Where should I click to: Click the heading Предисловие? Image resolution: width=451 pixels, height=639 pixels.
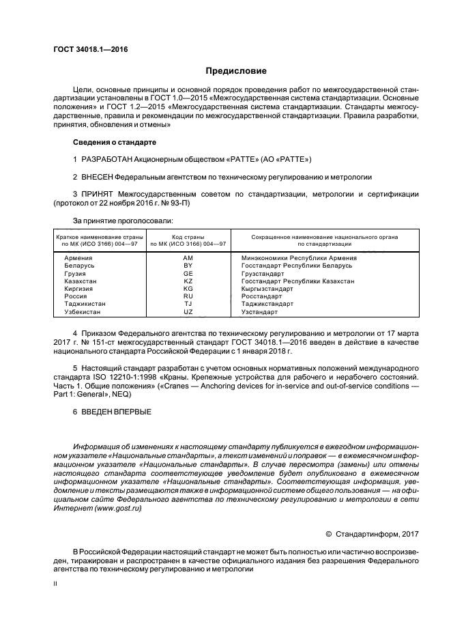(x=236, y=70)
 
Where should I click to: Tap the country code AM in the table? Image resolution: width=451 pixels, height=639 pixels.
(x=188, y=257)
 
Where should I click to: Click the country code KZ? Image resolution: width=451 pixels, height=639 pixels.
(x=188, y=281)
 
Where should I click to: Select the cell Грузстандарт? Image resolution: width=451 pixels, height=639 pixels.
(x=263, y=273)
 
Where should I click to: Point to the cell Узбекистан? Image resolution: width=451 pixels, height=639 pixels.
(x=82, y=311)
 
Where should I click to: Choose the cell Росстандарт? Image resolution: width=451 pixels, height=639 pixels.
(x=261, y=296)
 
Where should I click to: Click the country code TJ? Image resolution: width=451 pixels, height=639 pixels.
(x=188, y=304)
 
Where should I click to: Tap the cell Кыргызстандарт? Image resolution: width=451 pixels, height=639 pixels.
(x=266, y=289)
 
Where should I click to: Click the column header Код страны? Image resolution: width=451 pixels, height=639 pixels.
(x=188, y=236)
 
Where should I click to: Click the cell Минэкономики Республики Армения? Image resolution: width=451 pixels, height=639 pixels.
(x=299, y=257)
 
